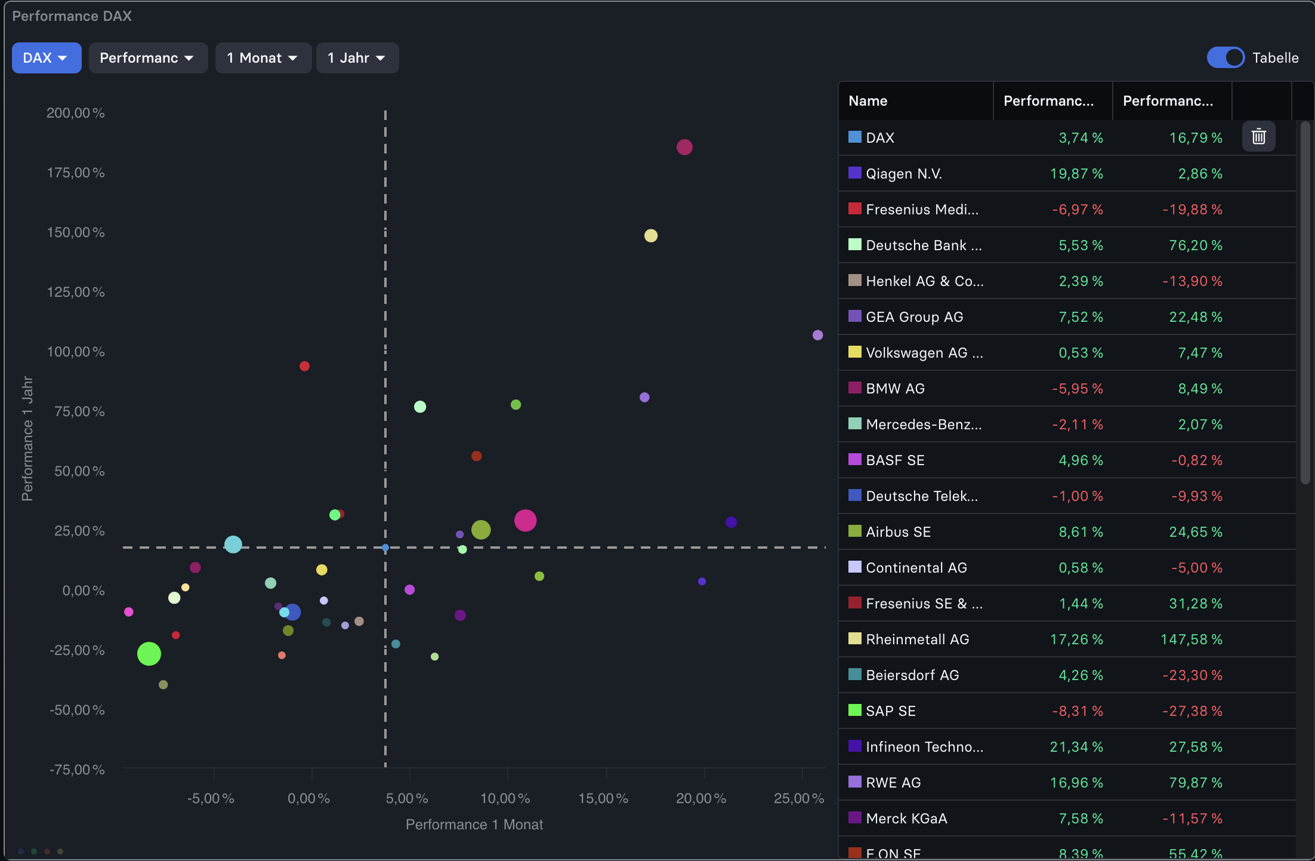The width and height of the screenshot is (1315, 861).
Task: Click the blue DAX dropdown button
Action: pos(46,58)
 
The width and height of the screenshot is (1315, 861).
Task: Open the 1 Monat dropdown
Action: pos(263,58)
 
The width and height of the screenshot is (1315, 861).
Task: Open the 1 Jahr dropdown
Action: pos(357,58)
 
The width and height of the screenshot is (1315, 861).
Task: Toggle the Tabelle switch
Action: pos(1225,58)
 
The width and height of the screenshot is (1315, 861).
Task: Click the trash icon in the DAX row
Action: pos(1258,137)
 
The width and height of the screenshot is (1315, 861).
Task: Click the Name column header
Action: pos(868,101)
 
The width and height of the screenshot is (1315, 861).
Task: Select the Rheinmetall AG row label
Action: pos(917,639)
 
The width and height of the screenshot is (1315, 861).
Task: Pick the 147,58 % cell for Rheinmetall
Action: pos(1191,639)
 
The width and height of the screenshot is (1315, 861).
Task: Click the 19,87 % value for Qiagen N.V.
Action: pos(1076,174)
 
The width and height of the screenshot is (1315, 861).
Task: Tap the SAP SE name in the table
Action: pos(890,711)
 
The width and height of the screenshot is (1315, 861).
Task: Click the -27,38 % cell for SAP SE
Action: pos(1192,711)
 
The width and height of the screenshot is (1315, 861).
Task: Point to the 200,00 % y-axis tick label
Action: pos(75,113)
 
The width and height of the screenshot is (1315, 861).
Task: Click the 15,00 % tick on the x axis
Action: pos(603,798)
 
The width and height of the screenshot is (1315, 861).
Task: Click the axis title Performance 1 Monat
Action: pos(474,825)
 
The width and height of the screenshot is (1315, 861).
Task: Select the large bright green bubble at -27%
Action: pos(149,654)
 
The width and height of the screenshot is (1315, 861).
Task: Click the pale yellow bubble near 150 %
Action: pos(650,236)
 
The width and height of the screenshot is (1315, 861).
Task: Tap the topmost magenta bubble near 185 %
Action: pos(684,147)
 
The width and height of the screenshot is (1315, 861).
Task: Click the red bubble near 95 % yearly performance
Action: pos(304,366)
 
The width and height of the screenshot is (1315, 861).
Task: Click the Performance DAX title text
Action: pos(72,16)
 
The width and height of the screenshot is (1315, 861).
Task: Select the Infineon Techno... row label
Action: pos(924,747)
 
